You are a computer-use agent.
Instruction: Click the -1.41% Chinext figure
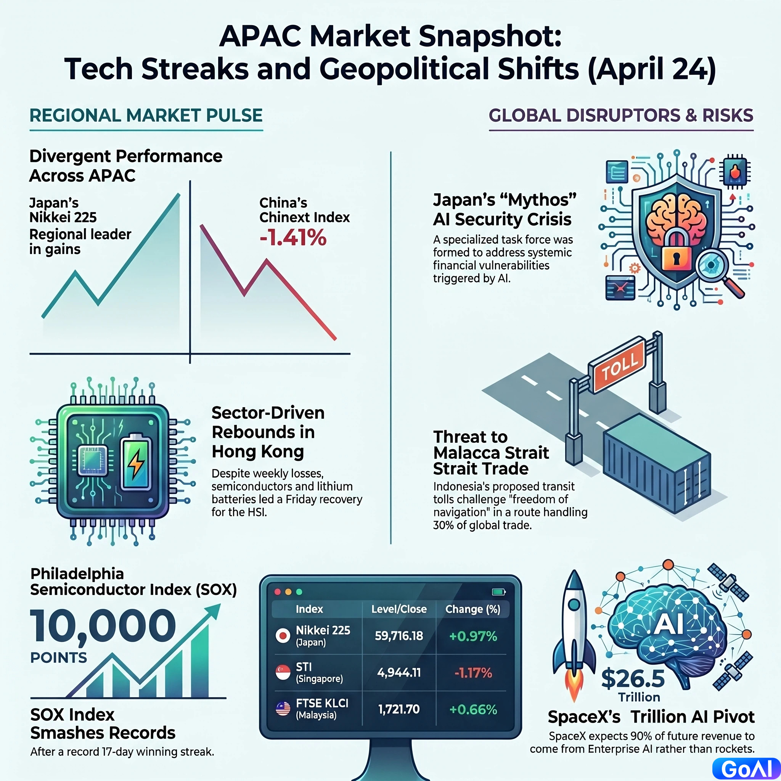point(292,238)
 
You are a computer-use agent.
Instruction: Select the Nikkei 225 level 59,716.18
point(399,636)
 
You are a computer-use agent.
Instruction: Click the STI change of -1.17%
point(473,673)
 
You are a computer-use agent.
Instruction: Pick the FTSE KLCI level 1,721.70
point(399,709)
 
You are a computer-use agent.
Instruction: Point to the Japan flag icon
point(283,636)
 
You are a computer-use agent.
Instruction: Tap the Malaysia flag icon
point(283,709)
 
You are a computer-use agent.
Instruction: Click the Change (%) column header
point(472,609)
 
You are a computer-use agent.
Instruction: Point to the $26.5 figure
point(633,678)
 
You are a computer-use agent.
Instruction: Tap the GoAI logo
point(746,769)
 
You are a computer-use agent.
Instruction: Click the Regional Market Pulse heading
point(146,116)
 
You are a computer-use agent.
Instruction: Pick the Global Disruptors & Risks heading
point(621,116)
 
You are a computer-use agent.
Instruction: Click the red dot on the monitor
point(277,592)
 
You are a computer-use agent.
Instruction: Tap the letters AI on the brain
point(669,624)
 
